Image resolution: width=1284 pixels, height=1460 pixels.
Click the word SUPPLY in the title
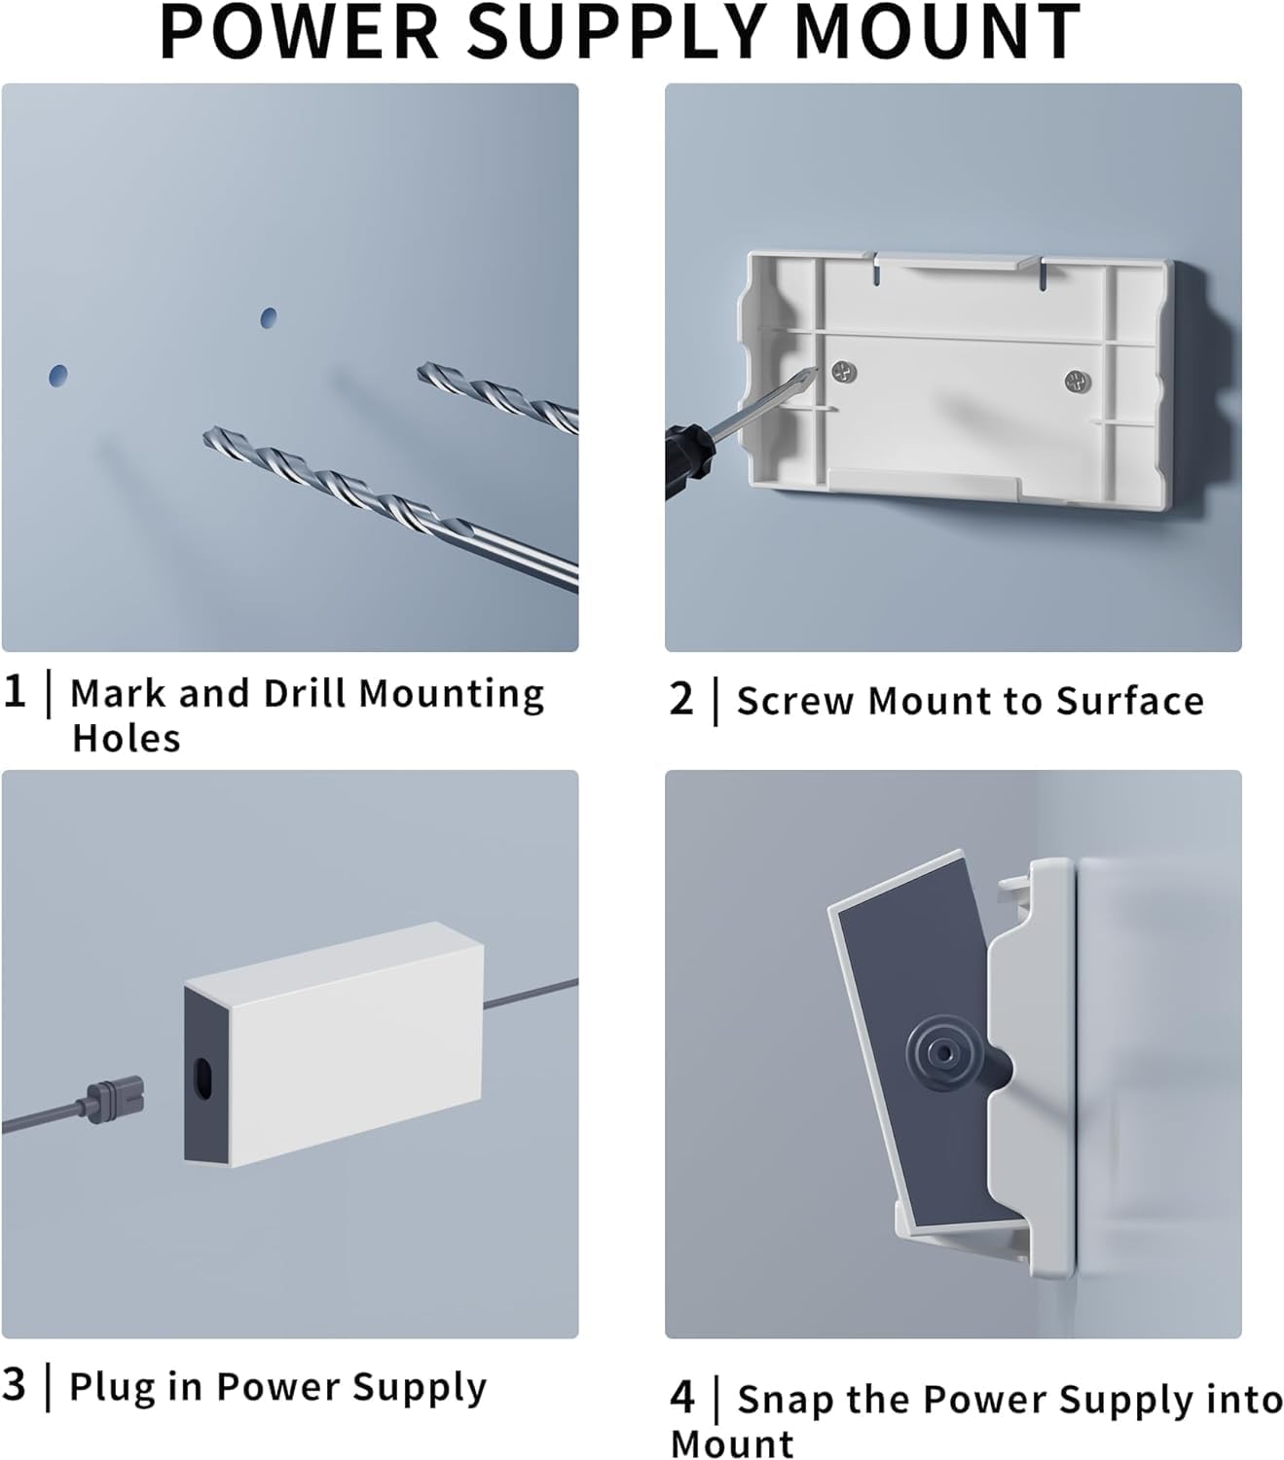[x=619, y=31]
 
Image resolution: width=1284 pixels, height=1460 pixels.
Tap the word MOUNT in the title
[x=936, y=31]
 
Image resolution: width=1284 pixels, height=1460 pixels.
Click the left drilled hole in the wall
[x=58, y=376]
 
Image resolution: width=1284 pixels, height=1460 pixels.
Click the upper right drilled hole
[x=269, y=317]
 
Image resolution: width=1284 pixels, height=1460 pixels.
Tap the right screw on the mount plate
[x=1076, y=381]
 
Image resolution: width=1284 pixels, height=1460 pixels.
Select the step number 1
[x=14, y=692]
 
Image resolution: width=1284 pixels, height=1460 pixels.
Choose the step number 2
[x=681, y=700]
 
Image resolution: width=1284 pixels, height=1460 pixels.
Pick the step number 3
[x=14, y=1384]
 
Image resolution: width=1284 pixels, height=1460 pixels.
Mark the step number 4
[x=682, y=1398]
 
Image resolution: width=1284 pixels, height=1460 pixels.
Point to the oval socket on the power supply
[x=203, y=1081]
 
